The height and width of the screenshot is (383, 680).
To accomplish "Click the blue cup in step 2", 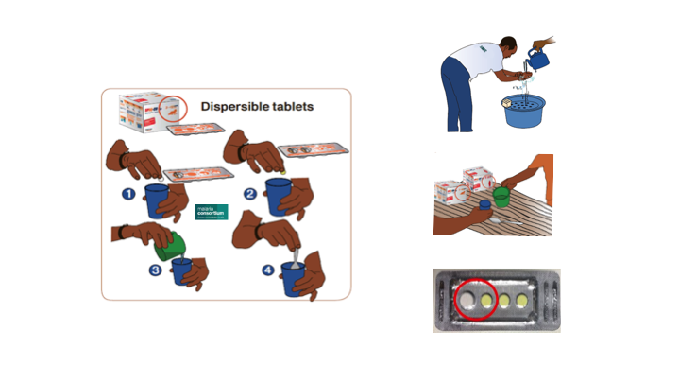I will pos(280,197).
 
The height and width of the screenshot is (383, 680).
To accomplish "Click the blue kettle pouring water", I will pos(539,60).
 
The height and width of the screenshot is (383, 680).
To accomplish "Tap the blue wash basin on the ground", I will pos(526,112).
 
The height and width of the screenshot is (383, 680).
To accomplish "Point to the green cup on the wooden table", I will pos(501,198).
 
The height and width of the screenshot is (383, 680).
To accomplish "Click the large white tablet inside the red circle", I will pos(467,302).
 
